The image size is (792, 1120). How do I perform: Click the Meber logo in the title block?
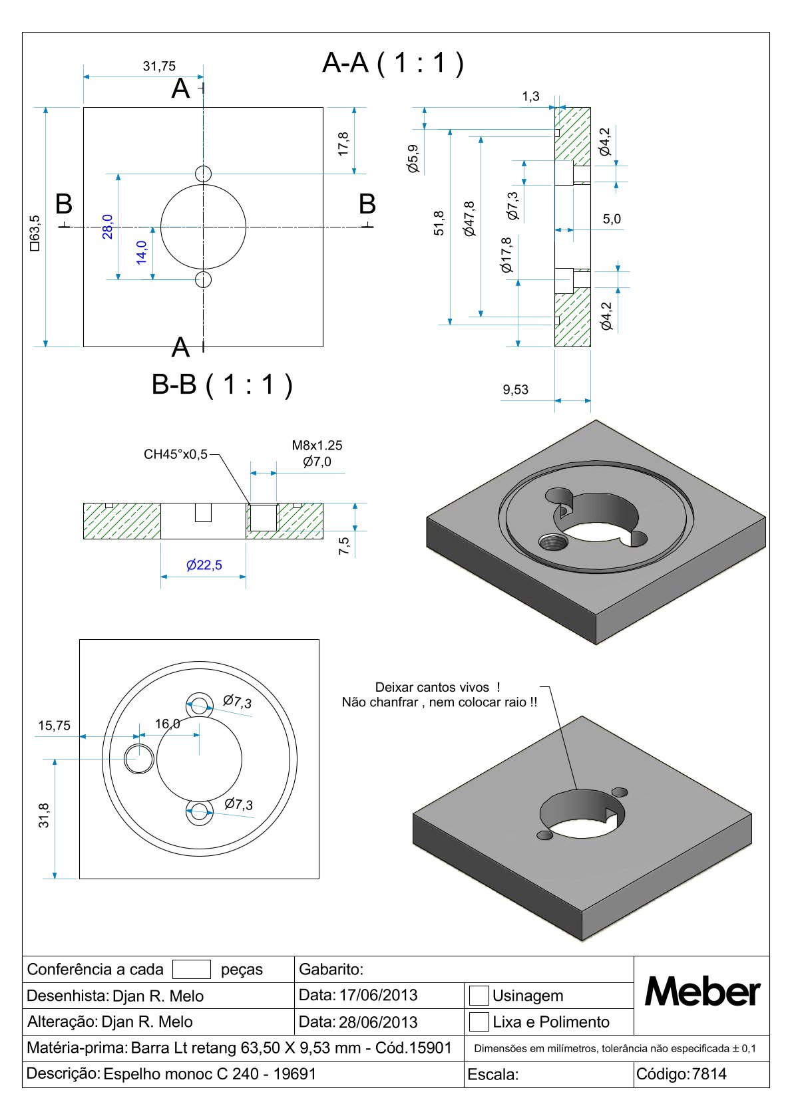point(702,992)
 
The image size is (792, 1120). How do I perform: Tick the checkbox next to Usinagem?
point(479,996)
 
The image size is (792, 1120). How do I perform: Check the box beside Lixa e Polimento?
point(479,1022)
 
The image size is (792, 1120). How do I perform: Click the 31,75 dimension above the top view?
point(159,66)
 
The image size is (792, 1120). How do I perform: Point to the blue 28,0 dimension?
point(107,226)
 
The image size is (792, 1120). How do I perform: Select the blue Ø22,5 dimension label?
point(204,565)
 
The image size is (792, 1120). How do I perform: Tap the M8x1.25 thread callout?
point(317,446)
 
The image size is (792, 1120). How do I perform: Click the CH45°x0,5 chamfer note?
point(176,454)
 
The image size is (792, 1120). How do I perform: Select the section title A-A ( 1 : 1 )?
point(393,63)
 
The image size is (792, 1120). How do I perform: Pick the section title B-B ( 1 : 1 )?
point(222,384)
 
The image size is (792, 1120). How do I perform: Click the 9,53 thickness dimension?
point(516,390)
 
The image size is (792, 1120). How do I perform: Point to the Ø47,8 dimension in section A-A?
point(470,219)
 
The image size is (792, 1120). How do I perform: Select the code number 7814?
point(709,1073)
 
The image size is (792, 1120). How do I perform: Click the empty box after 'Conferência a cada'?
point(191,969)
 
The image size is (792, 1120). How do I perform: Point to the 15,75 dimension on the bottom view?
point(54,726)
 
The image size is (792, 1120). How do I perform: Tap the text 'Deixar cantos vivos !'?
point(437,687)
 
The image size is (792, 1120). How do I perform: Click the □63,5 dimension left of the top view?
point(35,232)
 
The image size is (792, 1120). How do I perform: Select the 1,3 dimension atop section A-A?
point(530,96)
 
